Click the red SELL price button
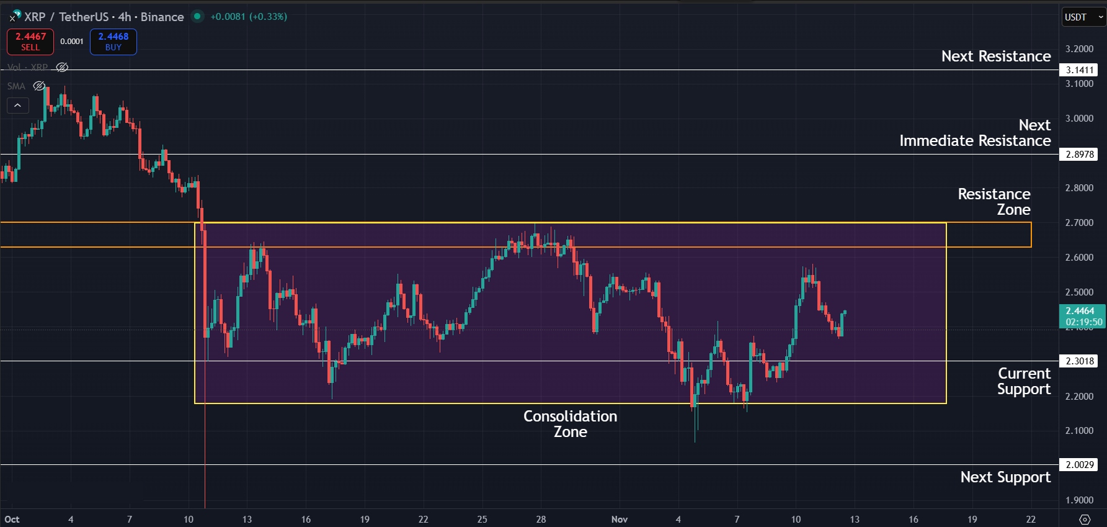point(30,42)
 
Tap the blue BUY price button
point(113,42)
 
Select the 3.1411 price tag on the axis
point(1080,70)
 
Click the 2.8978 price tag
point(1080,155)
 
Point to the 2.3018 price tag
point(1080,361)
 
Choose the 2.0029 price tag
point(1080,465)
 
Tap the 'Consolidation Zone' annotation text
point(570,424)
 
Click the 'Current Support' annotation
point(1024,381)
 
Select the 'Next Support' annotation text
point(1005,477)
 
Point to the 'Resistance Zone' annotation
point(994,202)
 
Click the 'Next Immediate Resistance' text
point(976,133)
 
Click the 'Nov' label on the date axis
point(620,520)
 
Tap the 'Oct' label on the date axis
point(12,520)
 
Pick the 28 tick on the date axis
point(541,520)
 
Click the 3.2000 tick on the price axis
point(1079,49)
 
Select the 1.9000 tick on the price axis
point(1079,500)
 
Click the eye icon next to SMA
point(39,86)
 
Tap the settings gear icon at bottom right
point(1085,520)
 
